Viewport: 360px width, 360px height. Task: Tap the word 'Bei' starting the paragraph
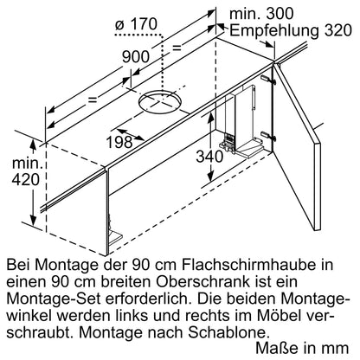click(19, 262)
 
